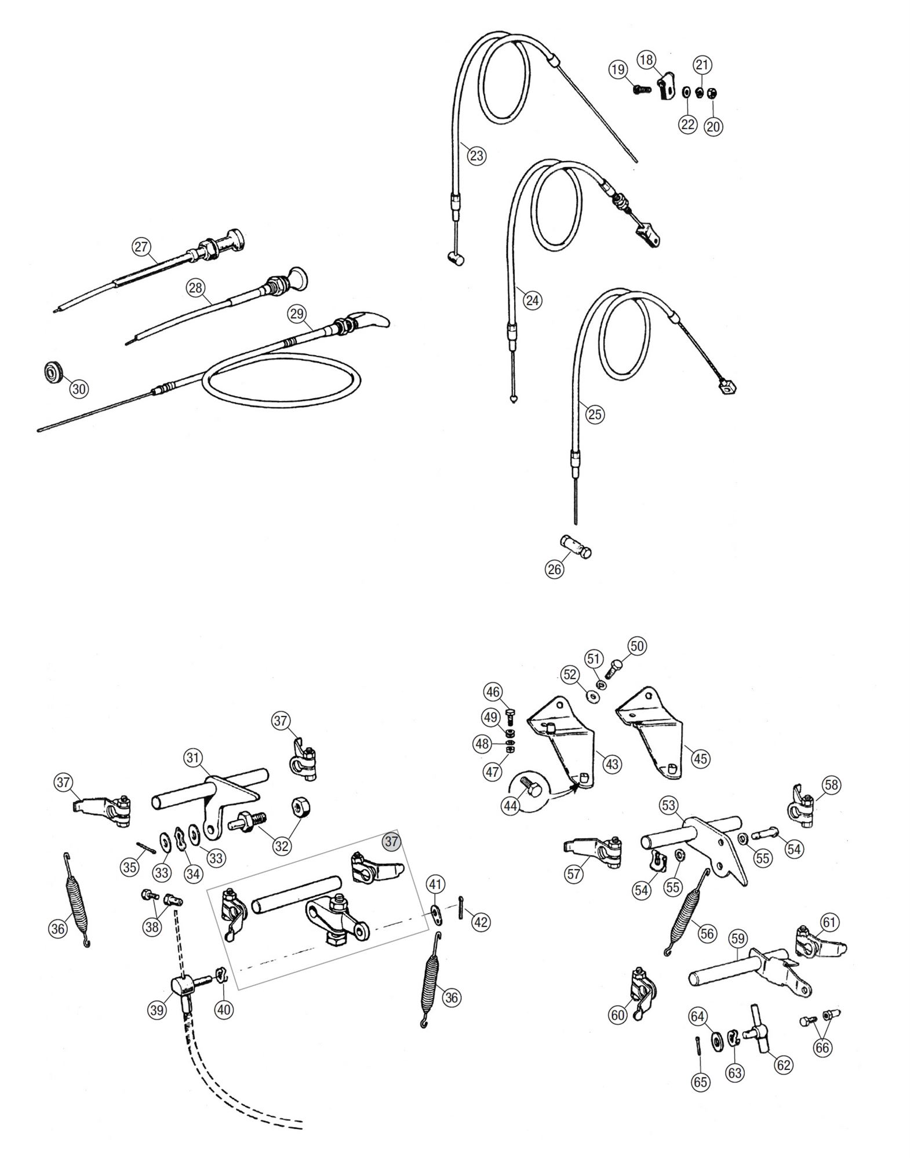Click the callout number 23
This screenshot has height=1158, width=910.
(x=476, y=156)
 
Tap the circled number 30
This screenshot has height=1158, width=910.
(x=79, y=389)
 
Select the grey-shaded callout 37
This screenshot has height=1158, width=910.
(x=392, y=841)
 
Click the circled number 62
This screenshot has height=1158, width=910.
(x=783, y=1065)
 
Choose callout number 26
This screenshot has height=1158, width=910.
(x=555, y=569)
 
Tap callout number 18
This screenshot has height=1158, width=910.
(x=646, y=59)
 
